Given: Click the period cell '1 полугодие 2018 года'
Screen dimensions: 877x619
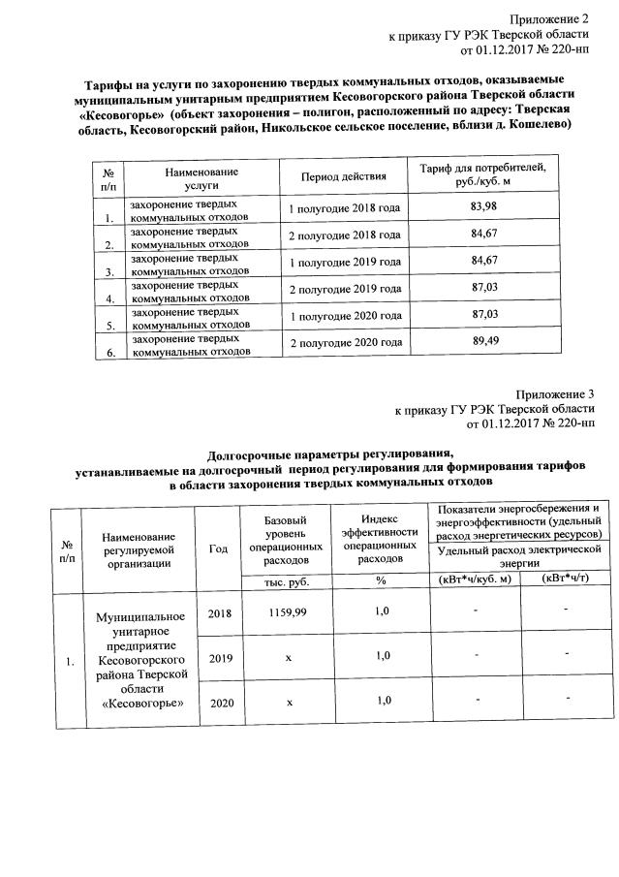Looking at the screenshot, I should pyautogui.click(x=344, y=208).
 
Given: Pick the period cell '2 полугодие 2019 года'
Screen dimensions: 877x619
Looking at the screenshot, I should pyautogui.click(x=345, y=289).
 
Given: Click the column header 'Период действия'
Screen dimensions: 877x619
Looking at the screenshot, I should pyautogui.click(x=344, y=176).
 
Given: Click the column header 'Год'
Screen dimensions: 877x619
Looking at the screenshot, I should pyautogui.click(x=218, y=548).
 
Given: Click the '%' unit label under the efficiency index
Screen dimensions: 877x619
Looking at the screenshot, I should pyautogui.click(x=381, y=580).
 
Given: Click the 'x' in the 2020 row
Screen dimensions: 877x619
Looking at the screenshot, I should pyautogui.click(x=289, y=702).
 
